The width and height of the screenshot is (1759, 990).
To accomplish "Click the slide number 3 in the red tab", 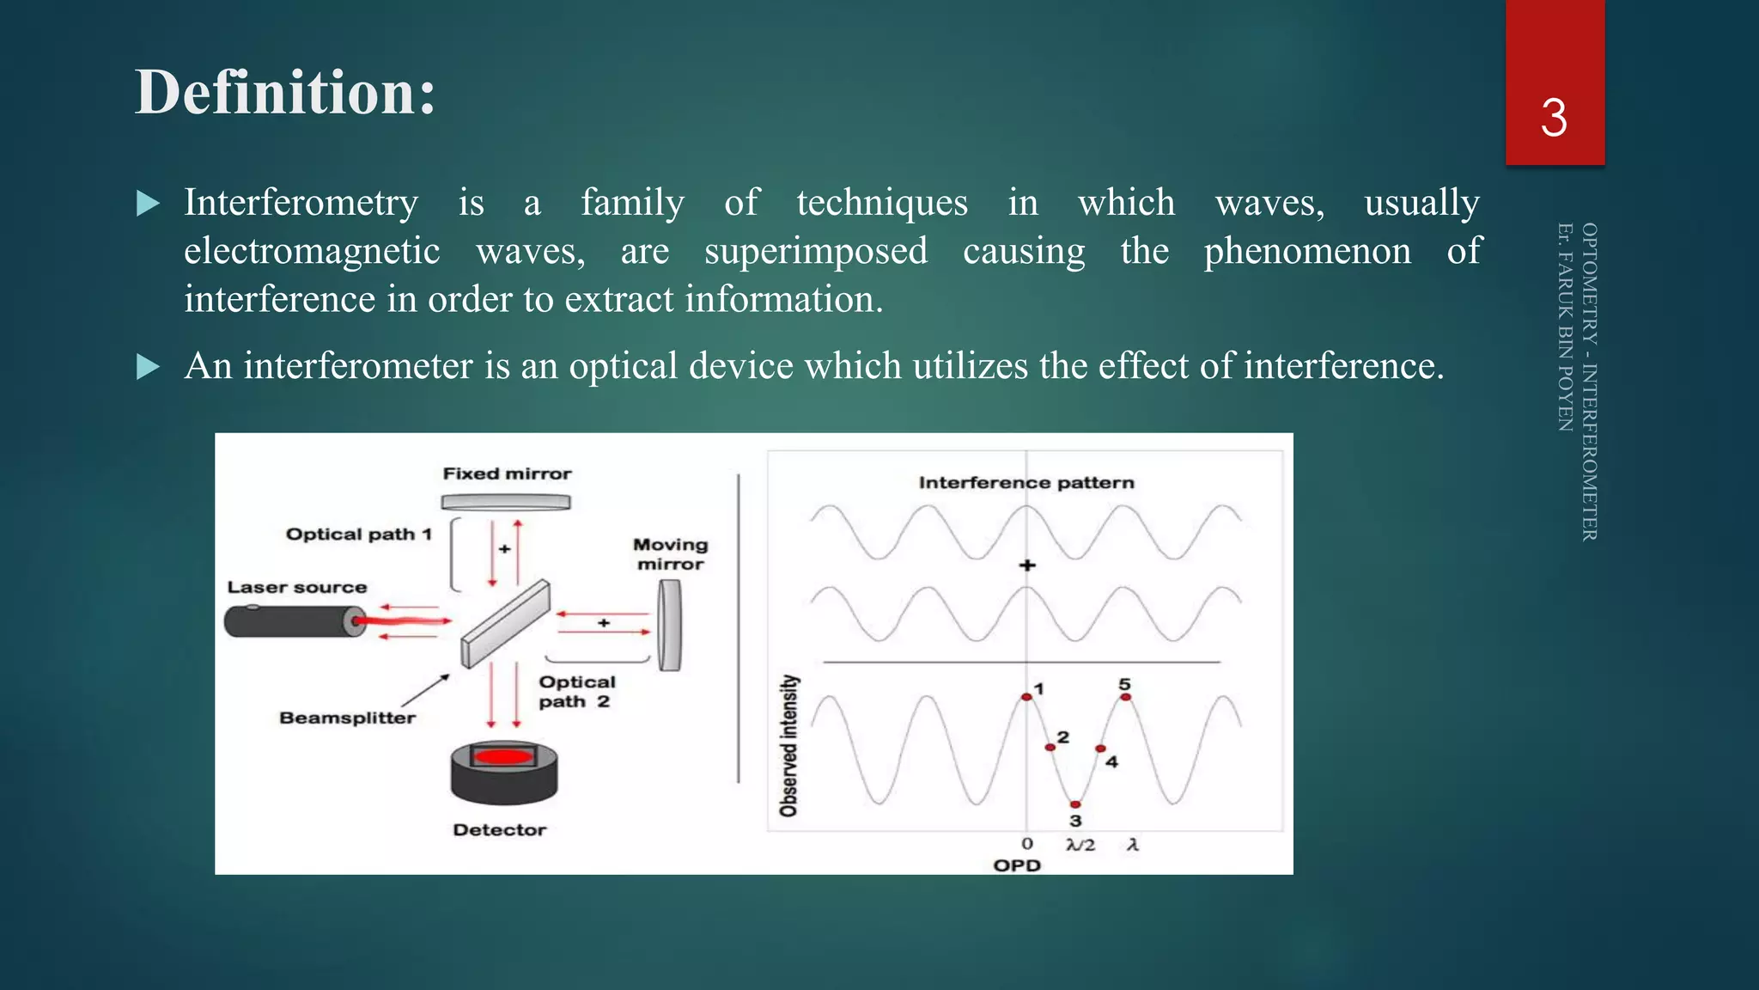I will (1554, 118).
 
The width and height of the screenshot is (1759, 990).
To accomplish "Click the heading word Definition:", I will (285, 92).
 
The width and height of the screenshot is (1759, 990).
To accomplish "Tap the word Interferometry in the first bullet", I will (301, 203).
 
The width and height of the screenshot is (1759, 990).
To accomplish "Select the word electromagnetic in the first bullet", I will (312, 251).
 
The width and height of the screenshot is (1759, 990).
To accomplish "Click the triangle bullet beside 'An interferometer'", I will (149, 367).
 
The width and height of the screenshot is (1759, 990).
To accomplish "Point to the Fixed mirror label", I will (507, 474).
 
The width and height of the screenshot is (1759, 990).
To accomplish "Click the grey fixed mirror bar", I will (506, 502).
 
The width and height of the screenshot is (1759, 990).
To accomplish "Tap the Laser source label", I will (296, 587).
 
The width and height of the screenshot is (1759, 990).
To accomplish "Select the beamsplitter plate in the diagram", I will (505, 624).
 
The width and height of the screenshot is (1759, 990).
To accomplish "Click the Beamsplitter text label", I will (347, 718).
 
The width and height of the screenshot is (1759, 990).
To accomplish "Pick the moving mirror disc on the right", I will (670, 625).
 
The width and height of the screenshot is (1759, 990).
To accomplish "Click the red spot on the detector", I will (504, 757).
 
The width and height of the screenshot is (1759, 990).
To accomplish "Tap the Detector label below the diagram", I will (499, 829).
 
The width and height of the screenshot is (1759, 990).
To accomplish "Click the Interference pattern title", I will (1026, 482).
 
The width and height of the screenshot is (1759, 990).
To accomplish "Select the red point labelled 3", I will (1075, 804).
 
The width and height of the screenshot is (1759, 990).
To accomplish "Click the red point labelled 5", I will (1126, 697).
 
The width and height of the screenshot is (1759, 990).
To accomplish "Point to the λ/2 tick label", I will (1080, 845).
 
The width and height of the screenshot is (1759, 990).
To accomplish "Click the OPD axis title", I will (1017, 865).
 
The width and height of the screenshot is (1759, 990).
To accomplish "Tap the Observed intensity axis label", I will (788, 745).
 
